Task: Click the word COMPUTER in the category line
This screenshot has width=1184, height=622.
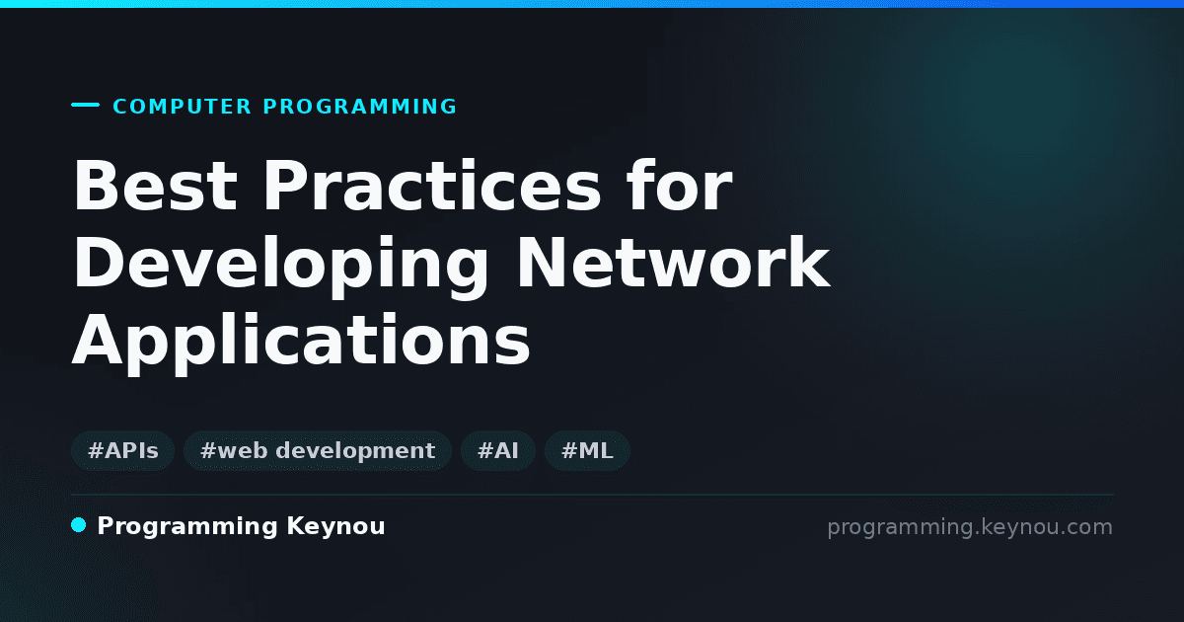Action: [x=183, y=107]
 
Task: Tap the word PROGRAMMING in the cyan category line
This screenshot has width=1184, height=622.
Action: [x=359, y=107]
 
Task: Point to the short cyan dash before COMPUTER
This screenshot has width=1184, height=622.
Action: [x=85, y=105]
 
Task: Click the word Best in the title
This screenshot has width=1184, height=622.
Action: [x=155, y=186]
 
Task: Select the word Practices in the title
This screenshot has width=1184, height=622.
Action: [x=432, y=186]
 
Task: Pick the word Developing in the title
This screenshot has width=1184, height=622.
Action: [x=280, y=266]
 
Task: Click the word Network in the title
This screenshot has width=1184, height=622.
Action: [x=673, y=263]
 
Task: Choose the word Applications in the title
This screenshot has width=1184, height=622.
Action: [x=301, y=343]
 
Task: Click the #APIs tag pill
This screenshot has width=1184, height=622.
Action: [x=122, y=450]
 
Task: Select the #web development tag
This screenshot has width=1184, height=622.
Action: [x=318, y=450]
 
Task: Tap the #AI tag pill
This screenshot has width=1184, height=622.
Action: [x=498, y=450]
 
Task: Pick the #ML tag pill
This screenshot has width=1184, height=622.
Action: [x=587, y=450]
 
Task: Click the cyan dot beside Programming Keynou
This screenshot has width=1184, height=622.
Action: [x=79, y=525]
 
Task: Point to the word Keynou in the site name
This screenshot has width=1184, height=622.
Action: [x=335, y=527]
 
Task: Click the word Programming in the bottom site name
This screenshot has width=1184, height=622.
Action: [x=187, y=527]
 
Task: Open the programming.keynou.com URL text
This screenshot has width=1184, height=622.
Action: [x=970, y=527]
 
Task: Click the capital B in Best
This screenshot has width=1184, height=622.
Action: [x=96, y=186]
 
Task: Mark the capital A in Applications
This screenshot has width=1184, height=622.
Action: [x=98, y=340]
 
